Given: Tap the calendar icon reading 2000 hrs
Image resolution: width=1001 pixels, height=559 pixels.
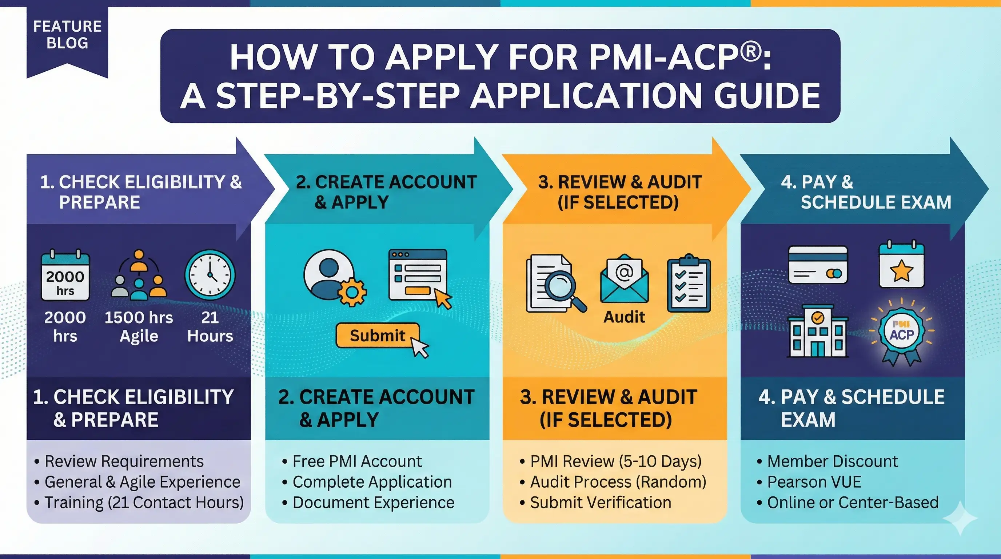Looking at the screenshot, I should coord(65,275).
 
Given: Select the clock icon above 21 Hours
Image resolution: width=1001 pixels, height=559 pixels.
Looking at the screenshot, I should coord(210,275).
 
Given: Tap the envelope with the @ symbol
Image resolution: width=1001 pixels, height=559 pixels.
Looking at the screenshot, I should coord(624,279).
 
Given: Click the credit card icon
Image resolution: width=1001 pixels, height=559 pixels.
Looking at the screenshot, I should coord(818,265).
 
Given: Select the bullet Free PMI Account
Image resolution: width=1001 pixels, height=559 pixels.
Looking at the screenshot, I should coord(357,461).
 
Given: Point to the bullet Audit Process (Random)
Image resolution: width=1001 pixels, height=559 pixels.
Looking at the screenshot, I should coord(618,482).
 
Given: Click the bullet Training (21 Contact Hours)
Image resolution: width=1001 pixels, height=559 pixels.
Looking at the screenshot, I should coord(144,503).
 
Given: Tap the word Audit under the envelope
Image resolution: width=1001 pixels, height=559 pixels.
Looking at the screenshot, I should coord(624,317).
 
